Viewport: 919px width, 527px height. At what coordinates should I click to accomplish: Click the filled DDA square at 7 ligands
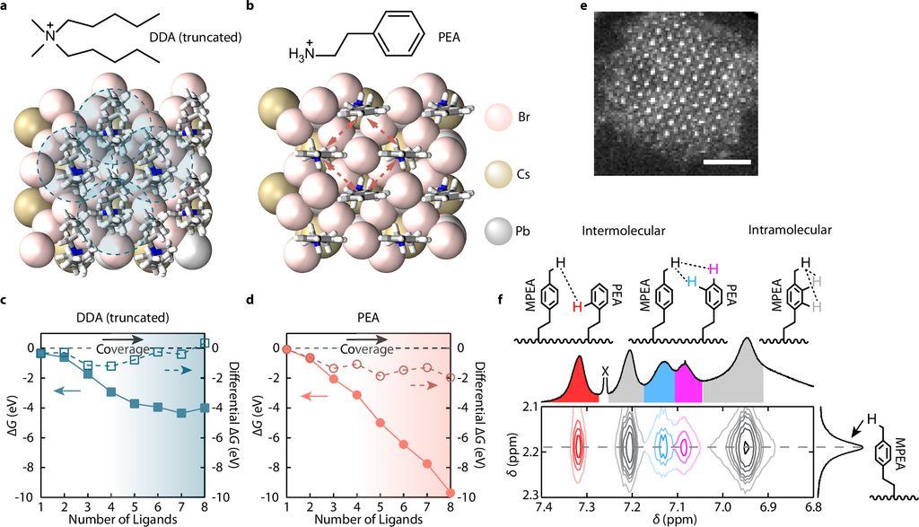pos(181,413)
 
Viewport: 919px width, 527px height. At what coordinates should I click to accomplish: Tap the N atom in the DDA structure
pos(50,34)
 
